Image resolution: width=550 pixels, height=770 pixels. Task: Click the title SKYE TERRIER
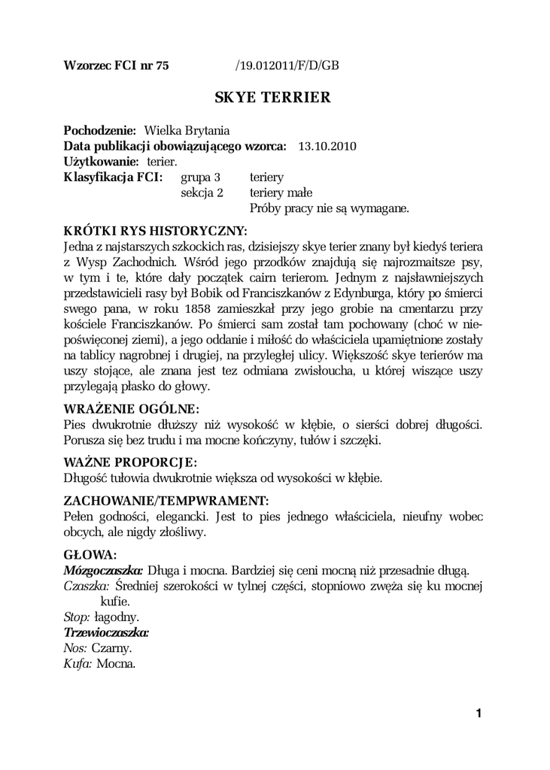pyautogui.click(x=272, y=98)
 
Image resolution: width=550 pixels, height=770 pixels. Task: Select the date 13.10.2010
pyautogui.click(x=327, y=145)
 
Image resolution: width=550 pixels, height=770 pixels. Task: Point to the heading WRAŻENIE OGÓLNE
pyautogui.click(x=132, y=409)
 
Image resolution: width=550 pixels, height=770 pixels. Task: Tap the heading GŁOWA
pyautogui.click(x=90, y=554)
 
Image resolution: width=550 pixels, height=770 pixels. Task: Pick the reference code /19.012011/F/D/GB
pyautogui.click(x=287, y=65)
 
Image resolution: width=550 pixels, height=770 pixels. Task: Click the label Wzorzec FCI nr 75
pyautogui.click(x=117, y=65)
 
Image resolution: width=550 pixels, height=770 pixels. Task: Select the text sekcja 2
pyautogui.click(x=202, y=192)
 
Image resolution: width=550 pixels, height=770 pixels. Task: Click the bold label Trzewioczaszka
pyautogui.click(x=106, y=632)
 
